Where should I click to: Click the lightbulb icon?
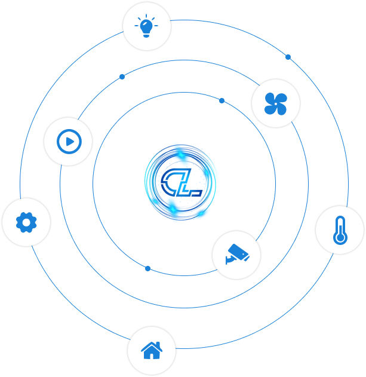pyautogui.click(x=146, y=26)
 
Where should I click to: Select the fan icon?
pyautogui.click(x=275, y=103)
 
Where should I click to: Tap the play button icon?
pyautogui.click(x=68, y=142)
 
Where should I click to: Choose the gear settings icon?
pyautogui.click(x=26, y=222)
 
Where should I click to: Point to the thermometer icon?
pyautogui.click(x=340, y=231)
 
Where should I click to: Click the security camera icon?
pyautogui.click(x=236, y=255)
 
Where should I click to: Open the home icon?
pyautogui.click(x=152, y=350)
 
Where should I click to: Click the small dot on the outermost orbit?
pyautogui.click(x=288, y=57)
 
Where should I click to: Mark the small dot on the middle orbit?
pyautogui.click(x=122, y=76)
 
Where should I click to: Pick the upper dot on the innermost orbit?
pyautogui.click(x=222, y=100)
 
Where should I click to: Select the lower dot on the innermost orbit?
pyautogui.click(x=147, y=268)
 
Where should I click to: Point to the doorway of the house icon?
pyautogui.click(x=152, y=355)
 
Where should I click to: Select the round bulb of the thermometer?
pyautogui.click(x=340, y=238)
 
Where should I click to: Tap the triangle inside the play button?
pyautogui.click(x=69, y=142)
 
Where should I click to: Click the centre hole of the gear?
pyautogui.click(x=26, y=222)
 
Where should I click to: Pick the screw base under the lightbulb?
pyautogui.click(x=146, y=35)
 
